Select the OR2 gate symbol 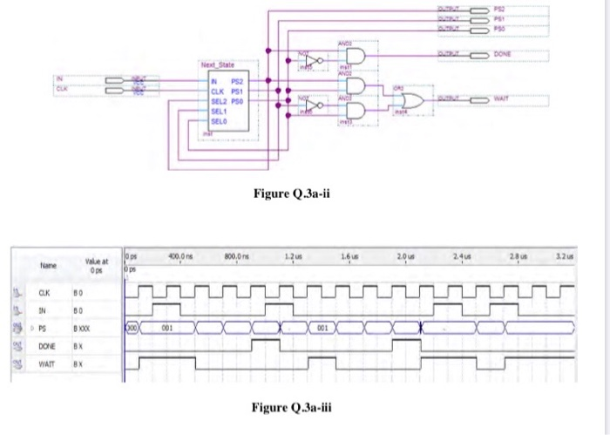coord(410,102)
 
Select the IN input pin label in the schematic coord(60,78)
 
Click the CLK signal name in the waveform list coord(40,294)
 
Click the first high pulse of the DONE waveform coord(264,343)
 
